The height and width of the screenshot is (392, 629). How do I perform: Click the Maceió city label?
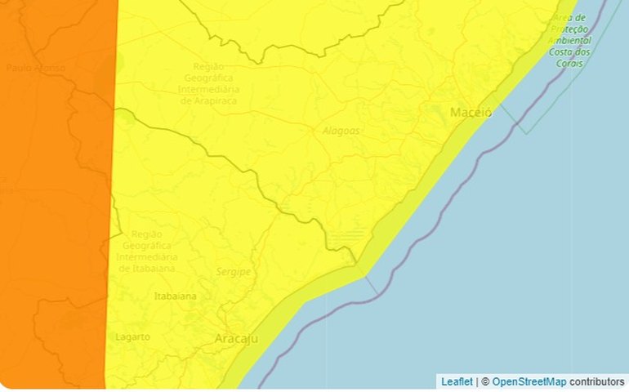[x=471, y=113]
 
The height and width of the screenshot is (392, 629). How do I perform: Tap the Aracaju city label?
[x=236, y=338]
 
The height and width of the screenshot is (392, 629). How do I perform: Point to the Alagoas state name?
[x=340, y=131]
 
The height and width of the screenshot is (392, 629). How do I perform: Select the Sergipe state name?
[x=234, y=272]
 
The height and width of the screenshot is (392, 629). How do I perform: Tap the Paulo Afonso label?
[x=35, y=68]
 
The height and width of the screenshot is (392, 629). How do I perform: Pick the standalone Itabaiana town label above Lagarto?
[x=176, y=296]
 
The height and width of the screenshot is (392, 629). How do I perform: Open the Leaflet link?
[x=457, y=381]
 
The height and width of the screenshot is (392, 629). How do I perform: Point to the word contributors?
[x=596, y=381]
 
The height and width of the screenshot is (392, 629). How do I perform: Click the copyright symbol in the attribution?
[x=484, y=381]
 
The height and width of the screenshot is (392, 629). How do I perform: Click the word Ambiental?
[x=570, y=40]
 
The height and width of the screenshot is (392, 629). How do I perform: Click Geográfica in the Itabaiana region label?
[x=147, y=245]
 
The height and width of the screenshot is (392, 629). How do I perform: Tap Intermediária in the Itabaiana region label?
[x=147, y=256]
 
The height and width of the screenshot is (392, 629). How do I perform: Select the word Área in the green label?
[x=564, y=18]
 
